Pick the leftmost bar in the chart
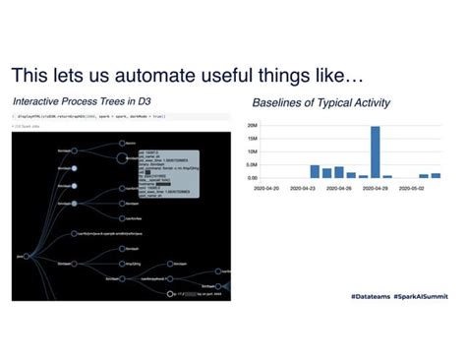[315, 171]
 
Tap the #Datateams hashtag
[373, 296]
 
